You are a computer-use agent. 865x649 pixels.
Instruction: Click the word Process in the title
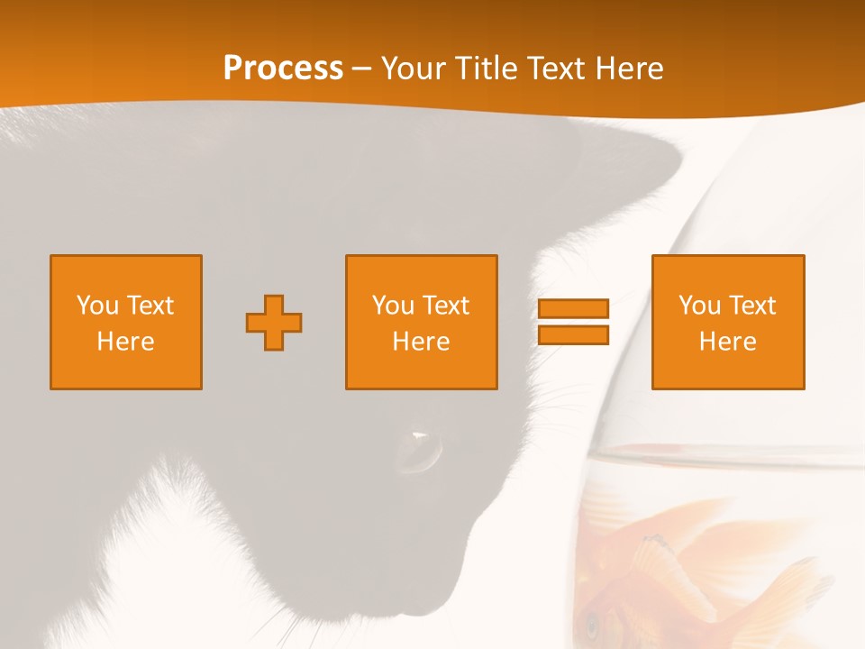[x=283, y=69]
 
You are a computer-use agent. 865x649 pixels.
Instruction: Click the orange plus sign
[x=274, y=323]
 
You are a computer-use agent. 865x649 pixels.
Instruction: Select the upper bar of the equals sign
[x=573, y=308]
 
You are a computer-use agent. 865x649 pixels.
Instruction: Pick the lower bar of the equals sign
[x=573, y=335]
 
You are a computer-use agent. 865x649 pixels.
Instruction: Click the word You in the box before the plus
[x=97, y=306]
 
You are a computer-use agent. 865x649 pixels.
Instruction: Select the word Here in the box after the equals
[x=728, y=342]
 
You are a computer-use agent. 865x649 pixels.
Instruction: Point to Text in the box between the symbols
[x=446, y=306]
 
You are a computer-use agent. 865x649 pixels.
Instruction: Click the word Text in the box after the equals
[x=752, y=306]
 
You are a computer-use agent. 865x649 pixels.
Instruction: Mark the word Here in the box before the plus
[x=126, y=342]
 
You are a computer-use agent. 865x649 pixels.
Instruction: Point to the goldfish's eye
[x=593, y=622]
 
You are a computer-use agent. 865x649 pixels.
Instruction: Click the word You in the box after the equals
[x=699, y=306]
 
